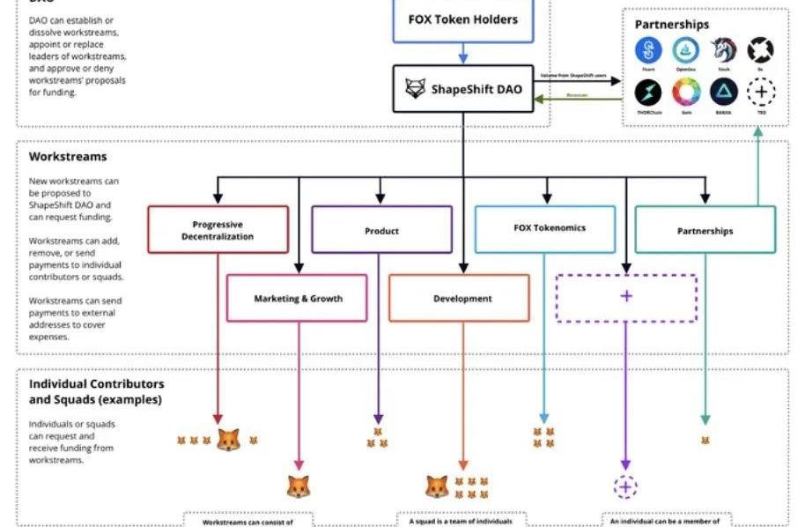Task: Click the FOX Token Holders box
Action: click(x=462, y=19)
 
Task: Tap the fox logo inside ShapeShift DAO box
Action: click(x=415, y=88)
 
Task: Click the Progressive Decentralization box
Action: click(x=218, y=230)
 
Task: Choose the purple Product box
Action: click(x=381, y=230)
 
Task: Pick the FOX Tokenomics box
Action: click(x=544, y=227)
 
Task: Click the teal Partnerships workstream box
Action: click(x=705, y=230)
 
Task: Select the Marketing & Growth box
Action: click(x=298, y=298)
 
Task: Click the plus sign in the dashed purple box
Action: click(x=626, y=296)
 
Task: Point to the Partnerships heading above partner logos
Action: click(x=671, y=25)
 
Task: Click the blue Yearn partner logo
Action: click(x=648, y=49)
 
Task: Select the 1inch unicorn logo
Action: click(x=723, y=49)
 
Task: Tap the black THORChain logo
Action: click(x=648, y=91)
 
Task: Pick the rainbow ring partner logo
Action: click(x=685, y=91)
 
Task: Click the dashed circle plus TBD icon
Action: click(x=760, y=91)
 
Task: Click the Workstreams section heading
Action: click(x=68, y=157)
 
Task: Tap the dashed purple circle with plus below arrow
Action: click(x=625, y=486)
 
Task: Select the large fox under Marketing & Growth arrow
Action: click(x=299, y=486)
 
